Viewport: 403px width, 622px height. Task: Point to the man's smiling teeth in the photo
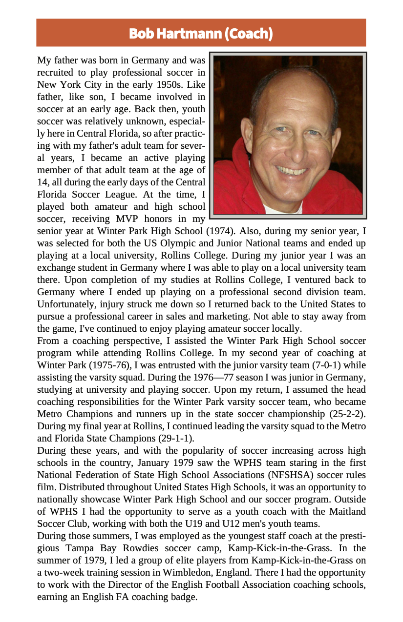tap(292, 171)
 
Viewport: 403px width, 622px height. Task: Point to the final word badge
tap(182, 597)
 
